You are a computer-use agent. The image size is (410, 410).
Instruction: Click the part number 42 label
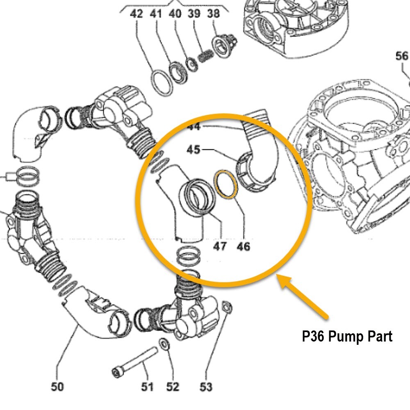click(x=137, y=14)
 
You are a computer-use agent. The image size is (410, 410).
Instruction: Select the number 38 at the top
click(x=214, y=14)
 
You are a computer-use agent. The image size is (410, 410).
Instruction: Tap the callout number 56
click(x=402, y=56)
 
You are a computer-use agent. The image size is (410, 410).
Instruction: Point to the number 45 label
click(x=194, y=150)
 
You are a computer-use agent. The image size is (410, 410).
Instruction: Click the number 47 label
click(x=220, y=246)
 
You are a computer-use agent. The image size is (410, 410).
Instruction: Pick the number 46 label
click(x=243, y=246)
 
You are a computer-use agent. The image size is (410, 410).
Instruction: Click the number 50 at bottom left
click(x=57, y=386)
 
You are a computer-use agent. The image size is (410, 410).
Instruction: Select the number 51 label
click(x=147, y=386)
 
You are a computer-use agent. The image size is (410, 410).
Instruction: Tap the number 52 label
click(x=173, y=386)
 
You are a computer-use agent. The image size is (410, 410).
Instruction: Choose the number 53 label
click(x=206, y=386)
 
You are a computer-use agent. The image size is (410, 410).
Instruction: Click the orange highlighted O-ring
click(x=225, y=184)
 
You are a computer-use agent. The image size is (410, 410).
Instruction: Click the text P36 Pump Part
click(x=347, y=337)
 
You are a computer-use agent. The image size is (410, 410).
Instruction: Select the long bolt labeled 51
click(x=135, y=361)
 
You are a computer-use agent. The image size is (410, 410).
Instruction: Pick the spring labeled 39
click(x=205, y=56)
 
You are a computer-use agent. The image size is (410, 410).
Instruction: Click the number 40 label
click(x=175, y=14)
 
